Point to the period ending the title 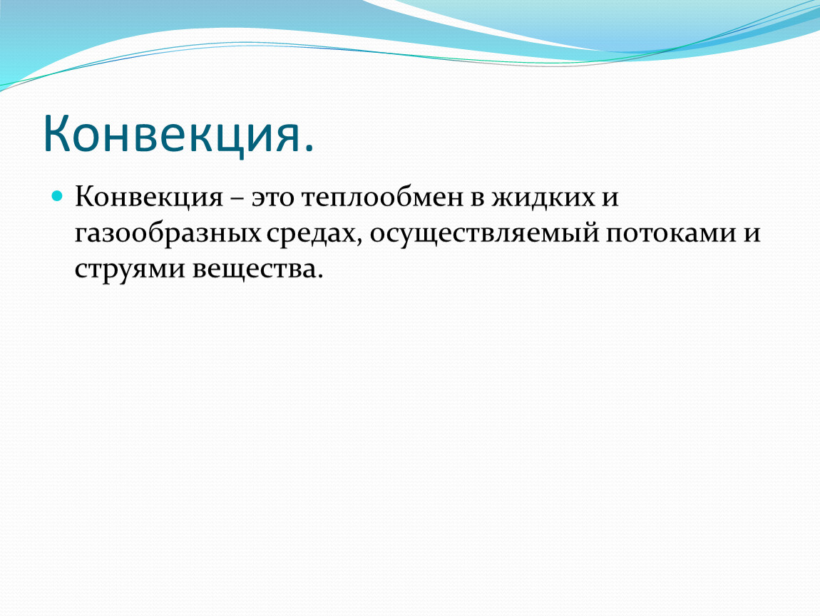click(x=309, y=149)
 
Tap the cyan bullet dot click(x=58, y=197)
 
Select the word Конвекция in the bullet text click(x=149, y=197)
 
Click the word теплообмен click(x=382, y=199)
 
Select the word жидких click(x=543, y=197)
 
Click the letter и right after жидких click(x=610, y=199)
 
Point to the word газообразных click(x=168, y=233)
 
